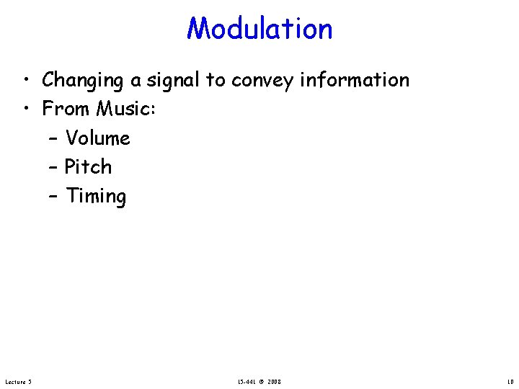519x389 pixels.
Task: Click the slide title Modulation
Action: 259,29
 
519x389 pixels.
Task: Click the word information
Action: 355,80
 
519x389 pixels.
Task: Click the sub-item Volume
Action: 97,138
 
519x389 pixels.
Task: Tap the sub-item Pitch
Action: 88,167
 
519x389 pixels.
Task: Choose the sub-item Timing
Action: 96,197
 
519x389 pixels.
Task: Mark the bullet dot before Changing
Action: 25,81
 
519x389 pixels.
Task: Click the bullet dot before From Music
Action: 25,109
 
